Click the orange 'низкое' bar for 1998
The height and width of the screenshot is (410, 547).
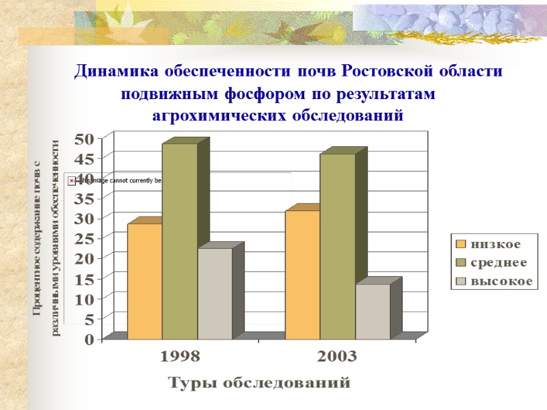tap(144, 281)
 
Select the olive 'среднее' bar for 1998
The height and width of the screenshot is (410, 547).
tap(179, 241)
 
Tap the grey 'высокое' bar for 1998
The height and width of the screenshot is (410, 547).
tap(215, 293)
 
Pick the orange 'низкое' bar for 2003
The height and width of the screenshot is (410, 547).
tap(302, 274)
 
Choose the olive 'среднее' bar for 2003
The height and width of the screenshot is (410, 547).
tap(337, 246)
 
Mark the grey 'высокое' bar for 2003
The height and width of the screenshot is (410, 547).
tap(373, 311)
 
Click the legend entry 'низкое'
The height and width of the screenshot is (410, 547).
tap(496, 244)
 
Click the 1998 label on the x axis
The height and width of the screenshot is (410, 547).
tap(181, 357)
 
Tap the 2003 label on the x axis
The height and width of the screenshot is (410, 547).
tap(337, 357)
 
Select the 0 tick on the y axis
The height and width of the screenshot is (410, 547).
tap(90, 340)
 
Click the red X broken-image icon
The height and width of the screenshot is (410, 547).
tap(72, 180)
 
